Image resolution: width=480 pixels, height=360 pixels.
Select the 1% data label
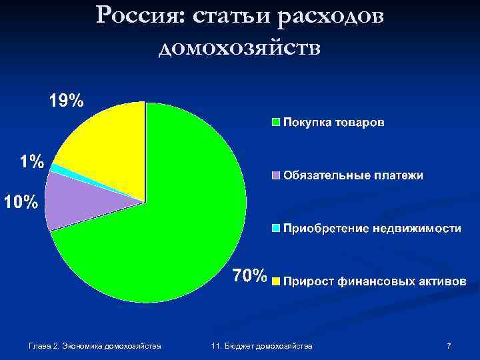pyautogui.click(x=31, y=161)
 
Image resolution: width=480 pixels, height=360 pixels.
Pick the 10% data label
pyautogui.click(x=21, y=201)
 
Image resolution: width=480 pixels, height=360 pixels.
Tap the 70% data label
pyautogui.click(x=249, y=275)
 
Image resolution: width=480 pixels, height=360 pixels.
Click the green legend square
pyautogui.click(x=275, y=123)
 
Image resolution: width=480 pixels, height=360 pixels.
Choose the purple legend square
pyautogui.click(x=275, y=175)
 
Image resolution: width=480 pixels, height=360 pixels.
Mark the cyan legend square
pyautogui.click(x=275, y=228)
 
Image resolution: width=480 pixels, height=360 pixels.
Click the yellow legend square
pyautogui.click(x=275, y=281)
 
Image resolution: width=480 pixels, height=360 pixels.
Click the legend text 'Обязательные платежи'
pyautogui.click(x=353, y=175)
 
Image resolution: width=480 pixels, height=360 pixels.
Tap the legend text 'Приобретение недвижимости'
pyautogui.click(x=372, y=228)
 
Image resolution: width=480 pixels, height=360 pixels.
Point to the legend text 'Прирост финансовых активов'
pyautogui.click(x=375, y=281)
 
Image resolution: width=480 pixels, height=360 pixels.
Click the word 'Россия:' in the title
pyautogui.click(x=138, y=16)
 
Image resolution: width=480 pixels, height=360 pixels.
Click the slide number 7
pyautogui.click(x=449, y=346)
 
